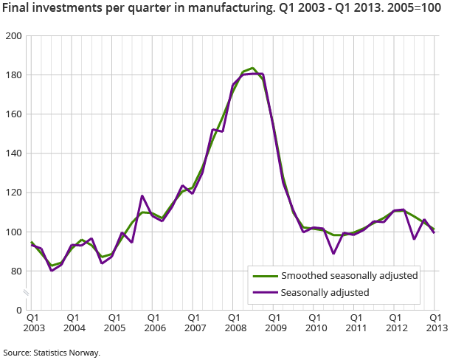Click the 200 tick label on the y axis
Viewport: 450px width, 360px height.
click(13, 36)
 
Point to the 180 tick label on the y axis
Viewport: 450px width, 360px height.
click(13, 75)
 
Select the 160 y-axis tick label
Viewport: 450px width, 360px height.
click(13, 114)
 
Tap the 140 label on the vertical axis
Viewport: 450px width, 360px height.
click(13, 153)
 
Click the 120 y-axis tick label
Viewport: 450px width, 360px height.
click(13, 193)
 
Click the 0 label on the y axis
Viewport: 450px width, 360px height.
click(18, 310)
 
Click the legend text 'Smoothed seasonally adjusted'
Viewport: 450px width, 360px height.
click(350, 276)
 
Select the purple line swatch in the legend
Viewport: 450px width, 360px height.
click(263, 292)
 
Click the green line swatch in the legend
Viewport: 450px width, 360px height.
click(263, 276)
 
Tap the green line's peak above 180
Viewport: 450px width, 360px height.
click(253, 68)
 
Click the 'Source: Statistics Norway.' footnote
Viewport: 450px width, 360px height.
click(52, 353)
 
